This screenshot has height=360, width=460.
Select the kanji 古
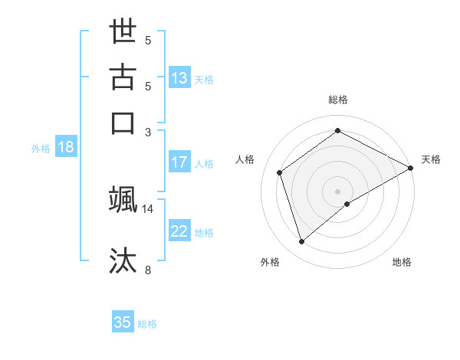(123, 78)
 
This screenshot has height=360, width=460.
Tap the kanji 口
(123, 123)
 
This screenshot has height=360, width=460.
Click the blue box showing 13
(179, 78)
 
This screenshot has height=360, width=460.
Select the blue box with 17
(179, 162)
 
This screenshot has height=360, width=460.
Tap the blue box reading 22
(179, 232)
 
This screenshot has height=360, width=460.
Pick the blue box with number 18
(66, 148)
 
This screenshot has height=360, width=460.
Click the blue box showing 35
(123, 322)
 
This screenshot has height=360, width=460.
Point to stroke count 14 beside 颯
(148, 208)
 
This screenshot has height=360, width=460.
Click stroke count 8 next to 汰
(148, 269)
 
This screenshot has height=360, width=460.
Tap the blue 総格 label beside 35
(147, 324)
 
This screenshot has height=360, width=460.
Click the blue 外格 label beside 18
(41, 149)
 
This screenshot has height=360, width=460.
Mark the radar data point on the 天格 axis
(411, 169)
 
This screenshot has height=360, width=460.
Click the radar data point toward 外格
(302, 242)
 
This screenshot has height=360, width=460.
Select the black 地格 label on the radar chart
(402, 263)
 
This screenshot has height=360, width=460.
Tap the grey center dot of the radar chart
(338, 191)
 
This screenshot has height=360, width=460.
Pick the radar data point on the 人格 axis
(280, 172)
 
